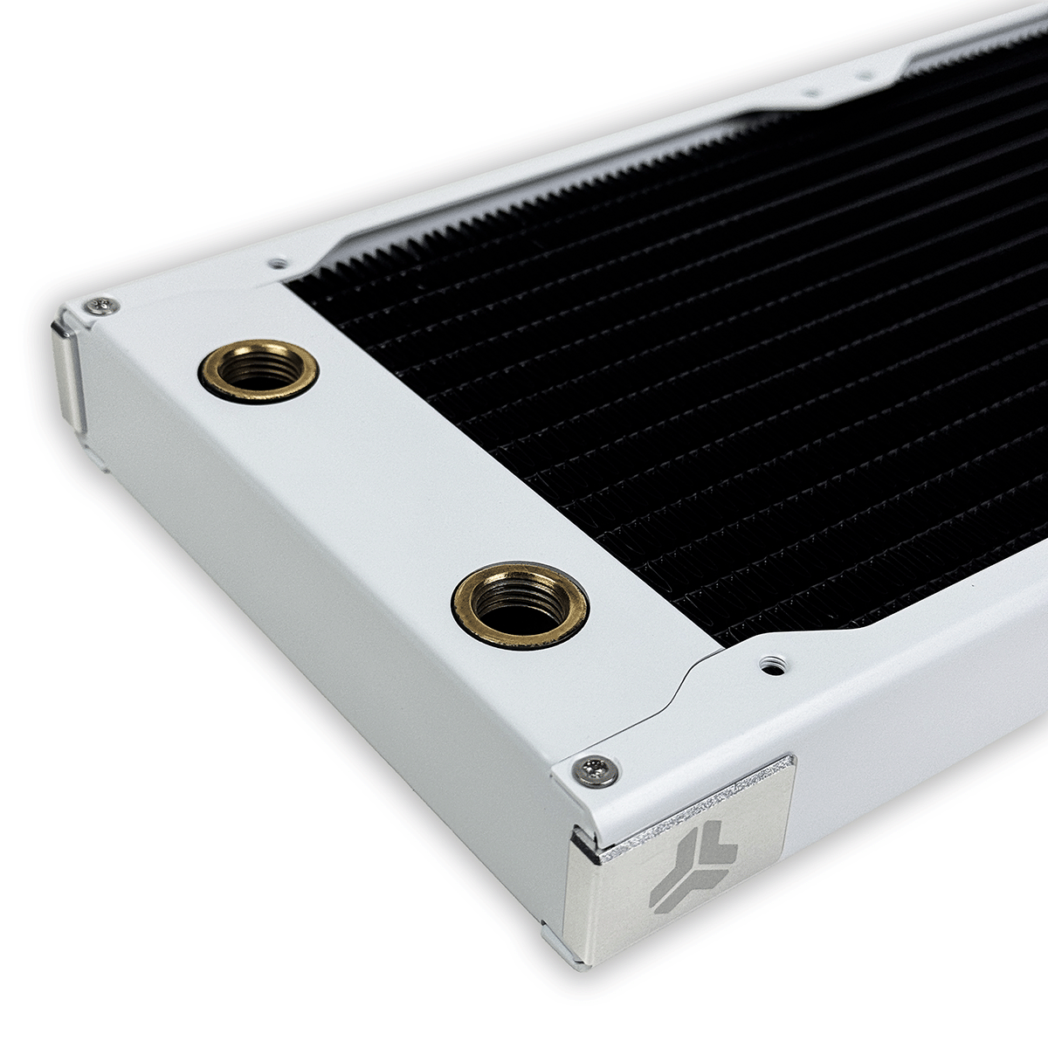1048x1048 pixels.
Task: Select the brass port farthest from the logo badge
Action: (259, 370)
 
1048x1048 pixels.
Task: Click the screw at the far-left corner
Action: (102, 305)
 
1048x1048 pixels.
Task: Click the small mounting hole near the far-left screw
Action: (278, 262)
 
